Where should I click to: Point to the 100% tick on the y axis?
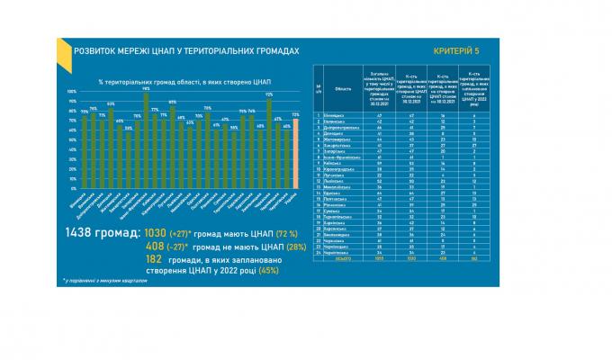click(x=71, y=91)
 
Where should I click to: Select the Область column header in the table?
click(x=343, y=89)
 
